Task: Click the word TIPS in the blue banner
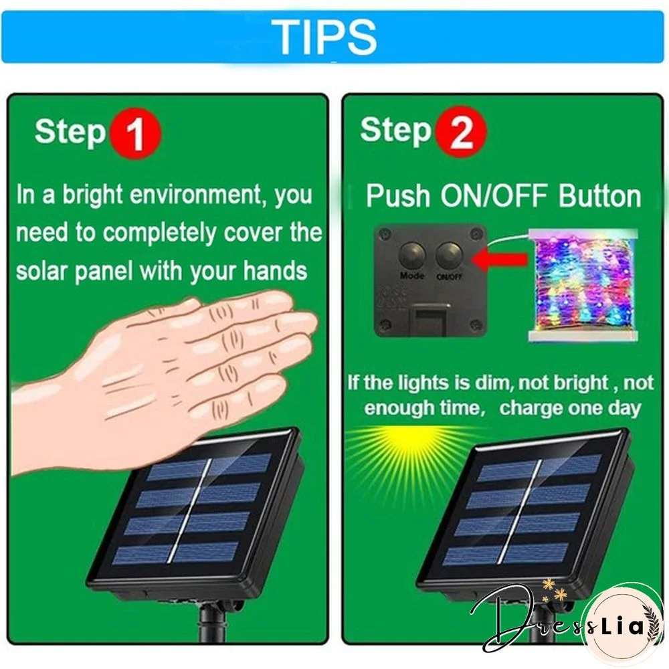(x=324, y=37)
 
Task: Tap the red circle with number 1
(x=136, y=134)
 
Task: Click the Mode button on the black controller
(x=412, y=255)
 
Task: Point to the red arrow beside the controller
(x=499, y=258)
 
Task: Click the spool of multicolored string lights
(x=583, y=285)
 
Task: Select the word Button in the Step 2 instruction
(x=600, y=195)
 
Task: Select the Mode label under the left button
(x=411, y=276)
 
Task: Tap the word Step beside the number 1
(x=70, y=132)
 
